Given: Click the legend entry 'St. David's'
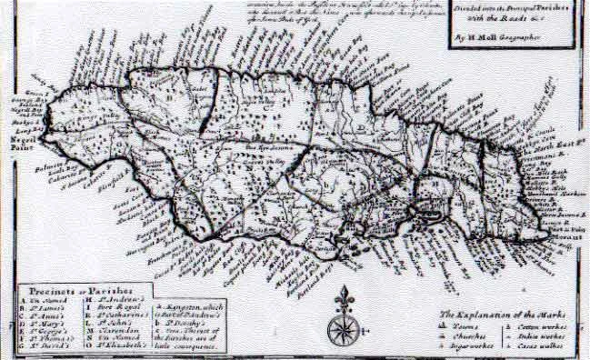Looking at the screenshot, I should point(46,348).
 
